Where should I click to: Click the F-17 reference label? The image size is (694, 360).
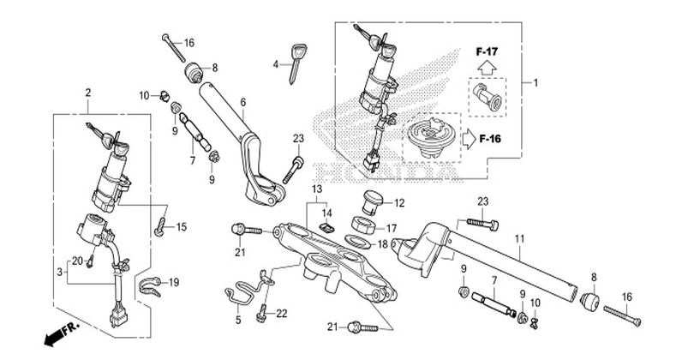pos(487,51)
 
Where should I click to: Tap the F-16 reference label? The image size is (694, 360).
pos(490,139)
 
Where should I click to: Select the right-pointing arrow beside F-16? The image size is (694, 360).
pos(470,139)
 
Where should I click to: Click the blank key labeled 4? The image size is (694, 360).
pos(296,63)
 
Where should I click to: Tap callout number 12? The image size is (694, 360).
pos(399,203)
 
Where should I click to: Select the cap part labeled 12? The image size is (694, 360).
pos(371,202)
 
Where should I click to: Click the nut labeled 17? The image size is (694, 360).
pos(364,224)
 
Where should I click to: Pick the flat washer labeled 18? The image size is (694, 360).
pos(356,242)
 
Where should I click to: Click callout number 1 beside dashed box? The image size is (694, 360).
pos(535,83)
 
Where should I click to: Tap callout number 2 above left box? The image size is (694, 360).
pos(88,93)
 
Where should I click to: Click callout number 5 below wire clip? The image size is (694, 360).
pos(238,320)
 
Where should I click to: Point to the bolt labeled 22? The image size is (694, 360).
pos(262,312)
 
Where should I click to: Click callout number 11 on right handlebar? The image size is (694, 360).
pos(519,239)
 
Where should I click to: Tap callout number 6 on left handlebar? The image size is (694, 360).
pos(243,102)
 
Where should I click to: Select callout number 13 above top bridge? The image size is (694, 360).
pos(317,189)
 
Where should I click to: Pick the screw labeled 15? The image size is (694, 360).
pos(160,226)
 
